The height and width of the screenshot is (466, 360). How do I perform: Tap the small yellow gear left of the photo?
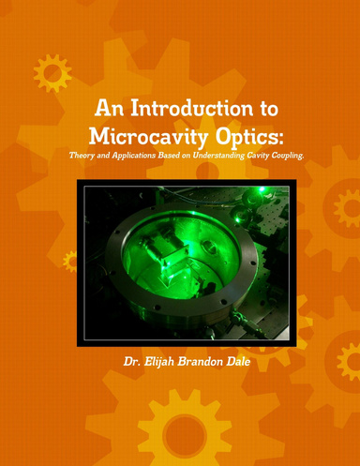pos(67,260)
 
